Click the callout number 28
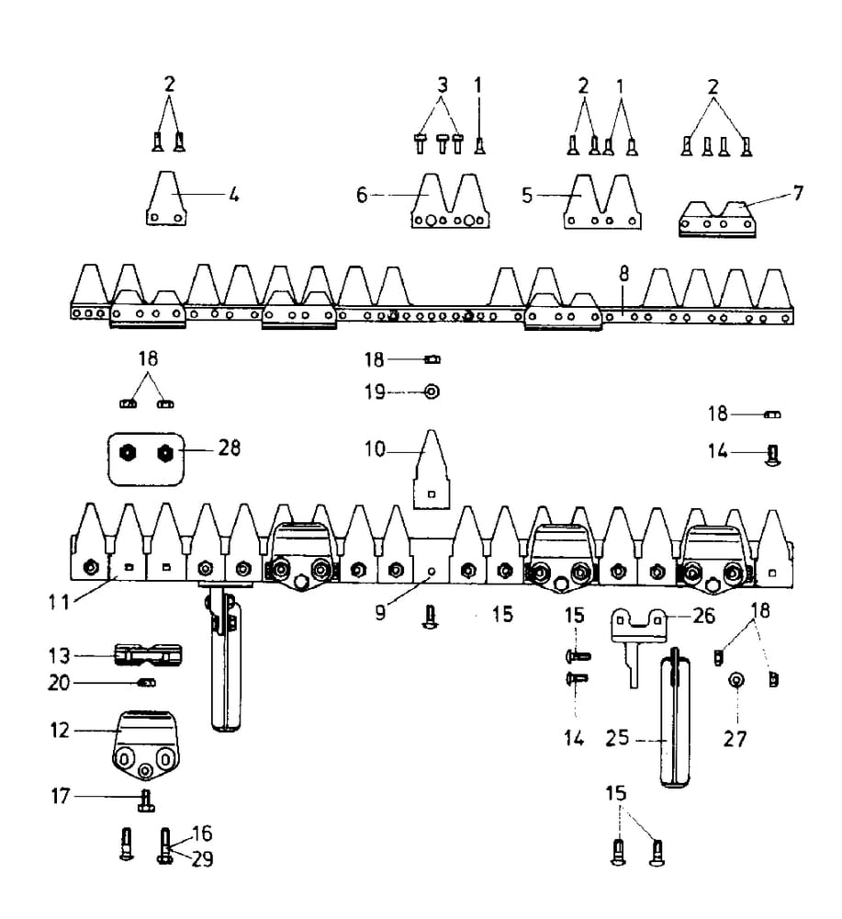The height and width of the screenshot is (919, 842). pos(229,449)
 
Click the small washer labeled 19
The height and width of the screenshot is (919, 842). pos(431,391)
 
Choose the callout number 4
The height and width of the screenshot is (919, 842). pos(234,196)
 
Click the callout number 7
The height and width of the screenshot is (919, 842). pos(798,194)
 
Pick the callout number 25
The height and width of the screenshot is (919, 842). pos(617,739)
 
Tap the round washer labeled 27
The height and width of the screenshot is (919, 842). pos(735,681)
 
